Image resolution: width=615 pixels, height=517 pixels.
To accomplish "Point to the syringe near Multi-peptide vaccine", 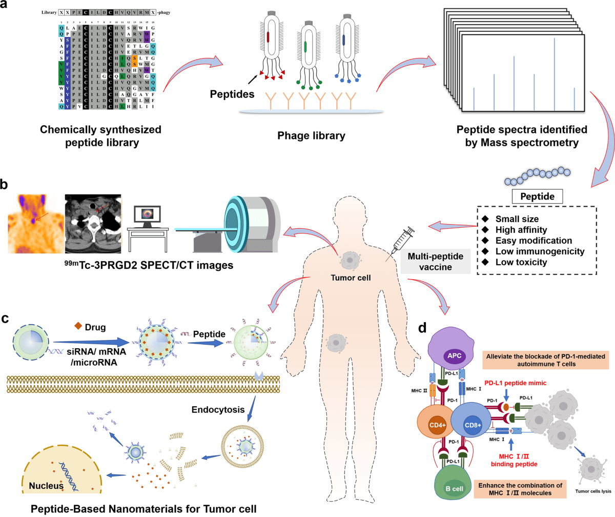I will [400, 244].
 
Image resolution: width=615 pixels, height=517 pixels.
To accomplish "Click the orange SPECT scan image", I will [34, 224].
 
